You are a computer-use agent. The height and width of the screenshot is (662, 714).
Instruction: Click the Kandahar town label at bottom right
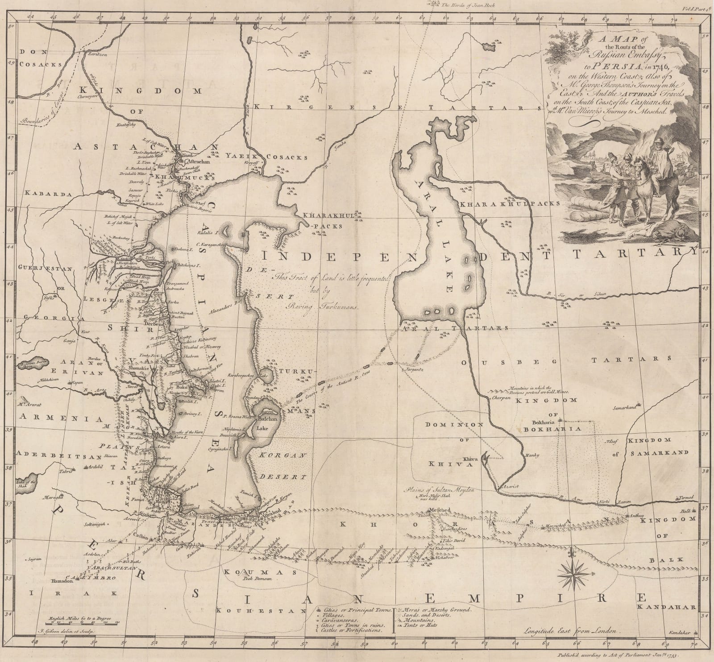(x=680, y=645)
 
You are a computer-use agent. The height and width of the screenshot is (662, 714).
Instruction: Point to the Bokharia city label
(x=543, y=422)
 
